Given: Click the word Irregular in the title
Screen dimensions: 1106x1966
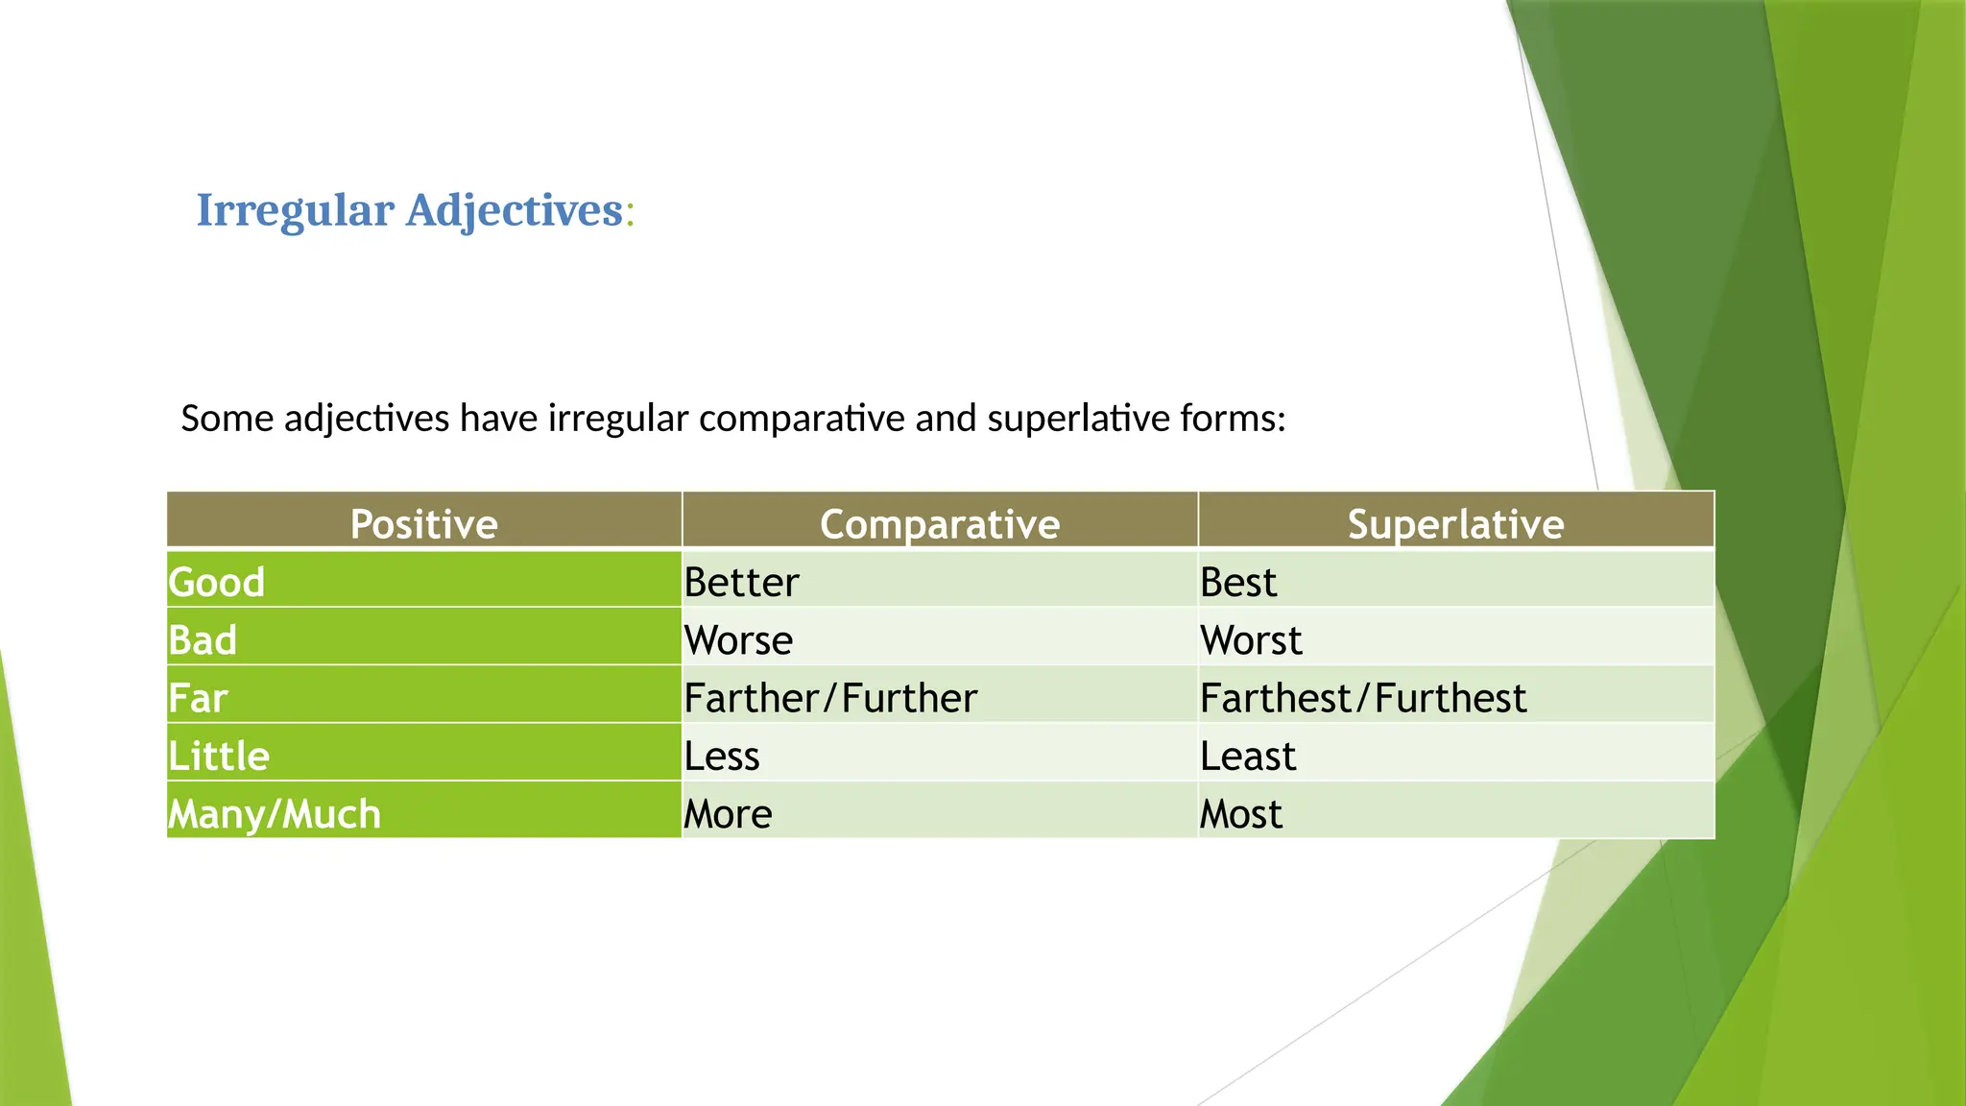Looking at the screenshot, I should pyautogui.click(x=295, y=210).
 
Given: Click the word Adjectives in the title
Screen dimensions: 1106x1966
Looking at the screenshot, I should pyautogui.click(x=515, y=210).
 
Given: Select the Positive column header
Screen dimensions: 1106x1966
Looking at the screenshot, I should pyautogui.click(x=423, y=523).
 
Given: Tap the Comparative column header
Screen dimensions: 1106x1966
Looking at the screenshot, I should pyautogui.click(x=939, y=523).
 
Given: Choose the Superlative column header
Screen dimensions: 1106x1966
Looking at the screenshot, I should pyautogui.click(x=1455, y=523).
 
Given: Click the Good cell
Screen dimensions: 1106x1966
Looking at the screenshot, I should pyautogui.click(x=217, y=582).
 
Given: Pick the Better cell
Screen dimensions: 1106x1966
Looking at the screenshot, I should pyautogui.click(x=741, y=582).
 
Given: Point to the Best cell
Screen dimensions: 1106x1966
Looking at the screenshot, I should pyautogui.click(x=1238, y=582).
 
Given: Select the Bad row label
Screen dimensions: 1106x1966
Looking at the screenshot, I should pyautogui.click(x=203, y=640).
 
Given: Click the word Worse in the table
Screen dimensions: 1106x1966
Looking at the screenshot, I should pyautogui.click(x=738, y=640).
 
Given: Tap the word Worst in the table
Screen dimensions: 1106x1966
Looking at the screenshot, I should pyautogui.click(x=1251, y=640).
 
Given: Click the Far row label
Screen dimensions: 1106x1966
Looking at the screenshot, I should pyautogui.click(x=198, y=698).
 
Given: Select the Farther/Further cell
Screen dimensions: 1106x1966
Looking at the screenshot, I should pyautogui.click(x=830, y=698).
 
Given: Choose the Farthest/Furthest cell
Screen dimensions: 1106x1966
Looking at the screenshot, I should pyautogui.click(x=1362, y=698).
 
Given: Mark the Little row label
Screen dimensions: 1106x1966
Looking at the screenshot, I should pyautogui.click(x=219, y=756).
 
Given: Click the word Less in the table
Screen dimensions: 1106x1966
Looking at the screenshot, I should pyautogui.click(x=722, y=756).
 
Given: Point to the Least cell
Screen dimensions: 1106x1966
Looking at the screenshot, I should pyautogui.click(x=1248, y=756).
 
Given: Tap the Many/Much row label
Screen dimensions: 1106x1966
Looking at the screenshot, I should pyautogui.click(x=275, y=814).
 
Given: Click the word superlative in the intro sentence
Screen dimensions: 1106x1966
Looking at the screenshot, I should pyautogui.click(x=1078, y=419).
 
